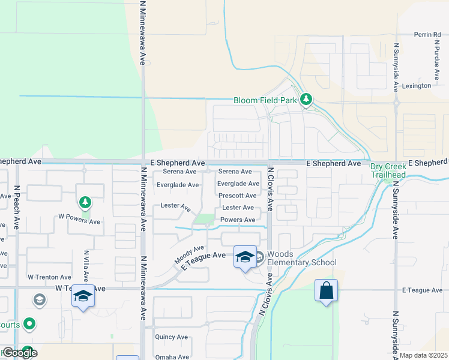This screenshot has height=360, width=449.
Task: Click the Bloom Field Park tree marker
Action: coord(306,100)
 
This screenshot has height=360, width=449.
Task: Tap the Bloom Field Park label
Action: coord(265,100)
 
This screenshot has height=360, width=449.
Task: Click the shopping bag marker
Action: coord(326,291)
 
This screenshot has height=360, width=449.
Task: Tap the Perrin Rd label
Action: coord(427,35)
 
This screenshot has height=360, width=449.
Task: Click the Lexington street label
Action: coord(417,86)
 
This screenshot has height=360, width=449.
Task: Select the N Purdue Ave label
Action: coord(436,61)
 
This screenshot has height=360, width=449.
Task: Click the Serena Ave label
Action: coord(235,172)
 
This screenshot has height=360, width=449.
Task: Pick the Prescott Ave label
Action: coord(237,196)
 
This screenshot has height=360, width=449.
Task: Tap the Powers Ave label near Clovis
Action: coord(238,220)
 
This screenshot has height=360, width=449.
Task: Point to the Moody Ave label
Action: coord(189,254)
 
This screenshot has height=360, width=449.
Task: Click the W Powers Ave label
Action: coord(79,221)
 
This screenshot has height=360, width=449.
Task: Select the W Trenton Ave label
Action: coord(49,277)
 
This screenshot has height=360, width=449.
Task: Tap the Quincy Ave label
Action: coord(171,337)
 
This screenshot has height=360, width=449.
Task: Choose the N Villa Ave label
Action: coord(86,266)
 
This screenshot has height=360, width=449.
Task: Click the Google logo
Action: coord(19,352)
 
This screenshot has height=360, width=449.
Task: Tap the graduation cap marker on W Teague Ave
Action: coord(83,296)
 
